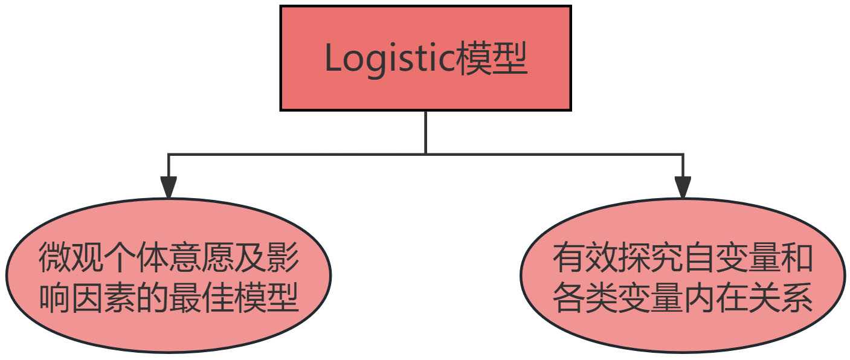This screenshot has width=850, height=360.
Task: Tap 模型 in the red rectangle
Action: (492, 59)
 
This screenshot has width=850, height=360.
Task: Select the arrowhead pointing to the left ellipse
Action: (169, 187)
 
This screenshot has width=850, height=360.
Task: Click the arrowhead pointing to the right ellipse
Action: (683, 187)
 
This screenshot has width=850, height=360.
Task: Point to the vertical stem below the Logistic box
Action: (426, 132)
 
